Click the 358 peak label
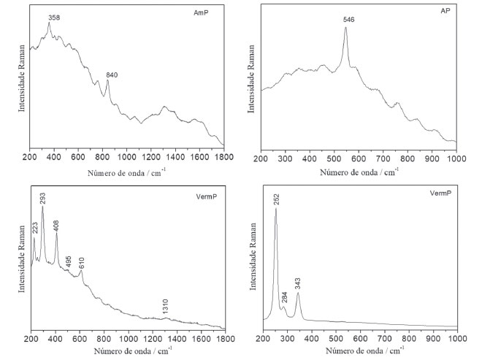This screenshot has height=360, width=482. click(x=53, y=15)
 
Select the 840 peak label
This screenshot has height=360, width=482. click(x=111, y=74)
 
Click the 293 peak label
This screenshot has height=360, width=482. click(x=43, y=197)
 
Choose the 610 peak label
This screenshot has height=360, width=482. click(x=81, y=262)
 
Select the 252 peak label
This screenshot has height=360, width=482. click(x=276, y=199)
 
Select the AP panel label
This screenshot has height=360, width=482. click(x=445, y=12)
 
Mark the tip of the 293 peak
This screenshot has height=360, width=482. click(x=42, y=207)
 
